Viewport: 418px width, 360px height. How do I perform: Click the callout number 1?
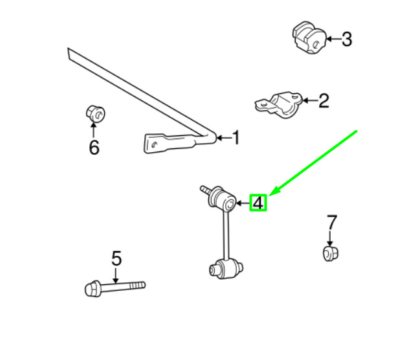[x=236, y=138]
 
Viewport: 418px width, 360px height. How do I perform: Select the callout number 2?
[x=324, y=101]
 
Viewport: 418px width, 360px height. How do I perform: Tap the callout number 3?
[x=347, y=39]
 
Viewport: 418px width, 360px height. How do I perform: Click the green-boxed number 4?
[x=258, y=203]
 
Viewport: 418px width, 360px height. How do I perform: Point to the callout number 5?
[x=116, y=258]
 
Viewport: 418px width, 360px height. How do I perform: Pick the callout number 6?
[x=94, y=148]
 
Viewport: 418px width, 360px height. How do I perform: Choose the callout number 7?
[x=332, y=222]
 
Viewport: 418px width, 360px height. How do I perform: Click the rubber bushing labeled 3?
[x=309, y=38]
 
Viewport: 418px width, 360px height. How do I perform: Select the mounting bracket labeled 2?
[x=279, y=105]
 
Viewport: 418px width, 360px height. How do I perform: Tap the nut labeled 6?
[x=95, y=114]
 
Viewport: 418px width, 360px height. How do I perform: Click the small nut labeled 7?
[x=331, y=254]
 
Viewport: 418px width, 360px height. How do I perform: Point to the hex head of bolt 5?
[x=93, y=288]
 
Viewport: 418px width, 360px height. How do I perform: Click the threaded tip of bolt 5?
[x=137, y=286]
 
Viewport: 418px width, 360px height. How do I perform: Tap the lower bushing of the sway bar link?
[x=226, y=269]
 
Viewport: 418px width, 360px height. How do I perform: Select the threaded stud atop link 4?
[x=206, y=190]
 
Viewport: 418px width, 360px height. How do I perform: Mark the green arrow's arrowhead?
[x=274, y=191]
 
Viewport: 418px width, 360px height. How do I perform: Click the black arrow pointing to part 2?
[x=311, y=100]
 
